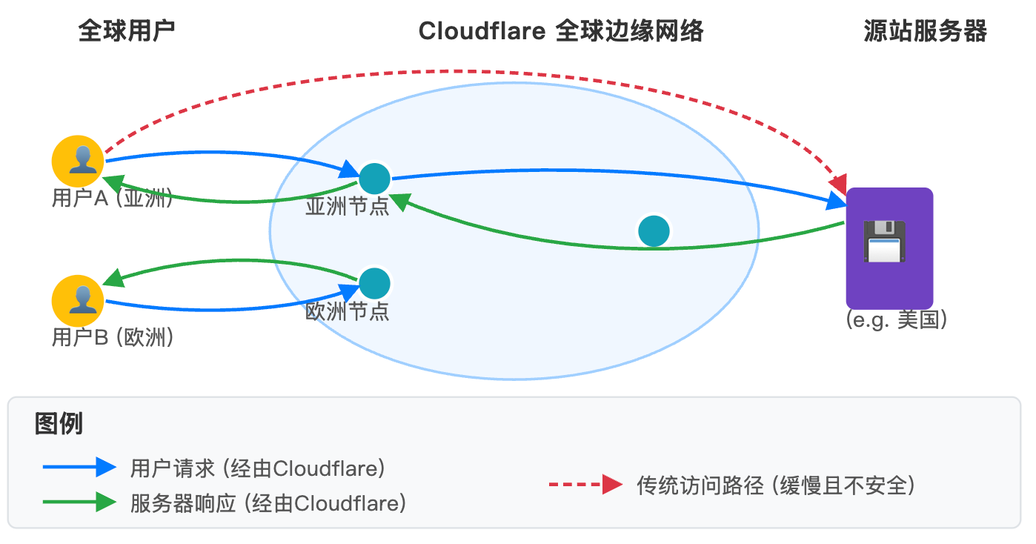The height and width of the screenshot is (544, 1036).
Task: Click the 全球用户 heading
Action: (x=127, y=31)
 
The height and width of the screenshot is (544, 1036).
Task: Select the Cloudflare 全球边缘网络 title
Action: (x=560, y=31)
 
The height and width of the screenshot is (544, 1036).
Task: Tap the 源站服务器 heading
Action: (x=926, y=31)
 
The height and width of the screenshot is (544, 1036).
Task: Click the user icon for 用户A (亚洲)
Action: (x=77, y=161)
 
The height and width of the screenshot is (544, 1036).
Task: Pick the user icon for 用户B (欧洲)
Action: (x=77, y=300)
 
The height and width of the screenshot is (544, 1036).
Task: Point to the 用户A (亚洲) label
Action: (x=112, y=199)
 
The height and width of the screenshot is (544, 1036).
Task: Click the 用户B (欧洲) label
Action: (x=112, y=338)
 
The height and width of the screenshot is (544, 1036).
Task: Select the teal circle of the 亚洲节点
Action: (x=374, y=178)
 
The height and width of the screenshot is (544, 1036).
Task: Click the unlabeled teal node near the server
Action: (x=654, y=231)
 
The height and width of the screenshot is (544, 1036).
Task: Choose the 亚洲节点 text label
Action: (x=347, y=207)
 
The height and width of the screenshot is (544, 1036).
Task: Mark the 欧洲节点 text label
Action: (x=347, y=311)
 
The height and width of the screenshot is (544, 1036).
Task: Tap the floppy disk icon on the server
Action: (x=884, y=241)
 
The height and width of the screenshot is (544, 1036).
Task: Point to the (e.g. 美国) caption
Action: (x=897, y=320)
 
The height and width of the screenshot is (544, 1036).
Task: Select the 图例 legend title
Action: (x=59, y=424)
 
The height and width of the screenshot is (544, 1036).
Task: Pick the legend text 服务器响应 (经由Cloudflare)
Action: (x=268, y=504)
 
